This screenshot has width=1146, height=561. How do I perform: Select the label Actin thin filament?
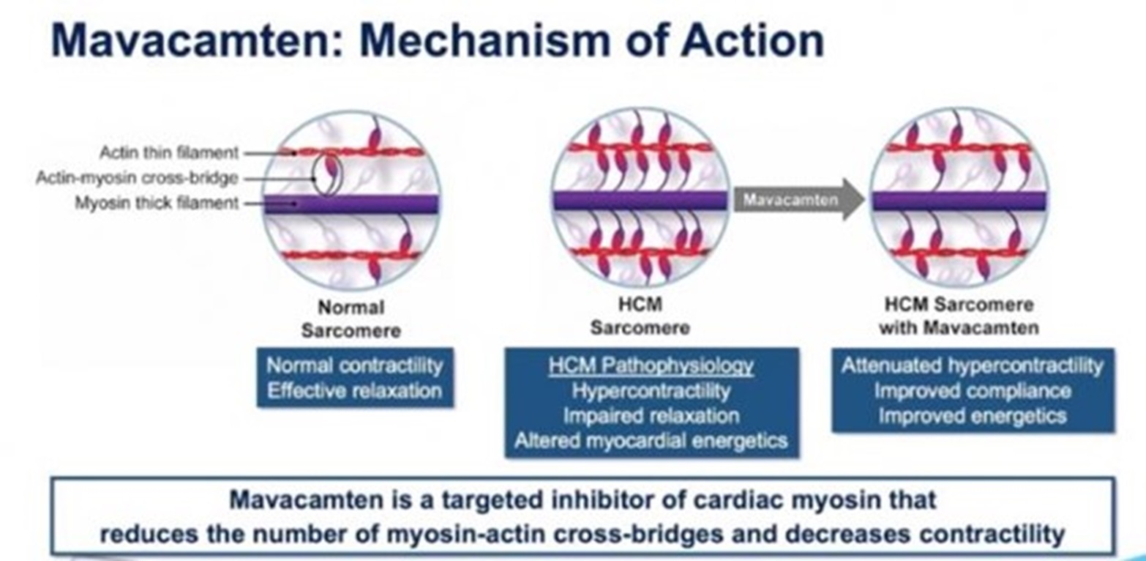click(x=169, y=153)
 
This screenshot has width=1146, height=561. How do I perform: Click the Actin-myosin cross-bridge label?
click(x=138, y=178)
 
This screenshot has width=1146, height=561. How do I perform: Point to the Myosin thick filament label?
click(x=157, y=203)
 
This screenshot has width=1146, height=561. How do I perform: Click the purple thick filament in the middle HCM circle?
click(x=640, y=201)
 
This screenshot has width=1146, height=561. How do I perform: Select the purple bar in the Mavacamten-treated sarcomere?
click(x=959, y=201)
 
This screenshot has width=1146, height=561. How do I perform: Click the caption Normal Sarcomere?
click(x=351, y=319)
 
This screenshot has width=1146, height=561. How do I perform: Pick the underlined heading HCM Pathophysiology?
click(x=651, y=365)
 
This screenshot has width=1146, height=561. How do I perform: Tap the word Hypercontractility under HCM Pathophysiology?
click(x=651, y=390)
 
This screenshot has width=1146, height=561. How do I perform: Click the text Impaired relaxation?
click(x=651, y=415)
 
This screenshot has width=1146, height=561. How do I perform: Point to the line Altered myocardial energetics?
click(x=651, y=440)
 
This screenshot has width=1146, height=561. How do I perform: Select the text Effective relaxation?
click(x=354, y=390)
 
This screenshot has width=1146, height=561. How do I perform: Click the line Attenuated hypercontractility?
click(x=972, y=365)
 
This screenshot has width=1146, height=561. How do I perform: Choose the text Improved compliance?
click(x=972, y=390)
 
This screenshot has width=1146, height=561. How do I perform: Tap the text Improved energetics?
click(x=972, y=415)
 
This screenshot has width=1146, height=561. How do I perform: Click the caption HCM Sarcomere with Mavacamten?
click(x=959, y=316)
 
